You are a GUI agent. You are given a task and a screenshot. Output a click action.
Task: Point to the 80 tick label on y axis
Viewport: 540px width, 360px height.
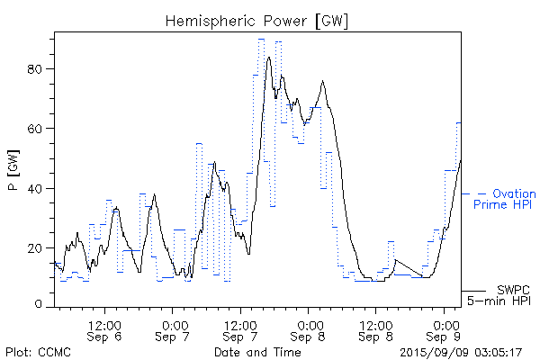(x=39, y=69)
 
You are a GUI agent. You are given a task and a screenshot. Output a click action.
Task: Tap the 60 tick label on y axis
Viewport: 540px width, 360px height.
(x=39, y=129)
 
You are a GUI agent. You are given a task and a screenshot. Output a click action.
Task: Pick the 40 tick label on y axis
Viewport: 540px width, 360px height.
(x=39, y=188)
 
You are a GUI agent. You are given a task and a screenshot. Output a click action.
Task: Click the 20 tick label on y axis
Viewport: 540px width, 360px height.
(x=39, y=247)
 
